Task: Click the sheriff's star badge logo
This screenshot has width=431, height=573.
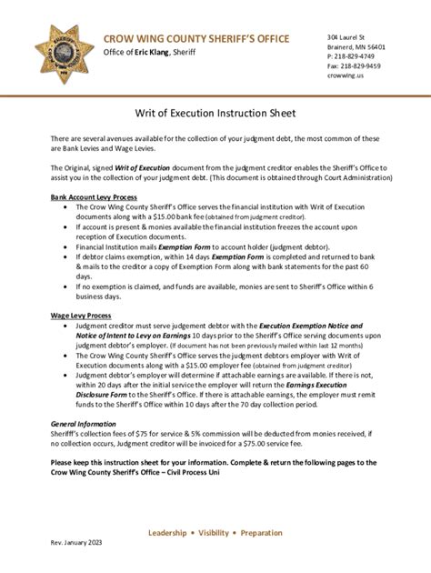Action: click(64, 54)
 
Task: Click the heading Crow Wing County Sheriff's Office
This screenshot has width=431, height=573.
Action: click(195, 37)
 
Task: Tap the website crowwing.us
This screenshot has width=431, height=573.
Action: click(346, 76)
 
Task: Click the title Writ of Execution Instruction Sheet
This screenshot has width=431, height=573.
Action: click(215, 114)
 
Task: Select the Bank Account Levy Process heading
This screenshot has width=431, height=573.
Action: click(95, 197)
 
